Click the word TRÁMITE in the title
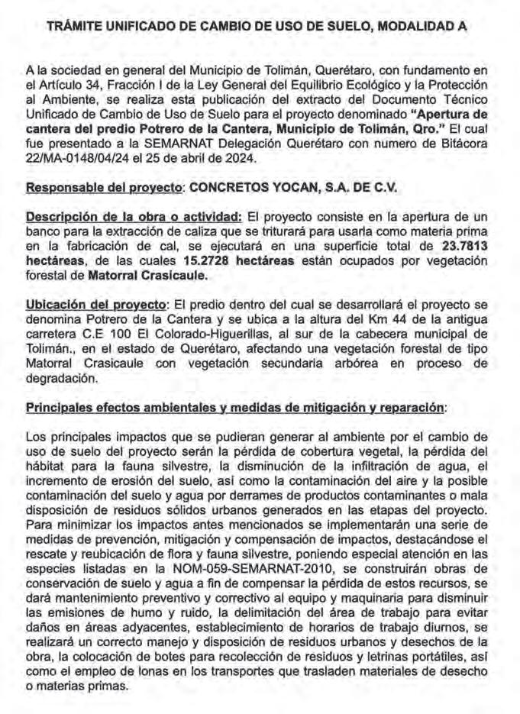coord(74,26)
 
